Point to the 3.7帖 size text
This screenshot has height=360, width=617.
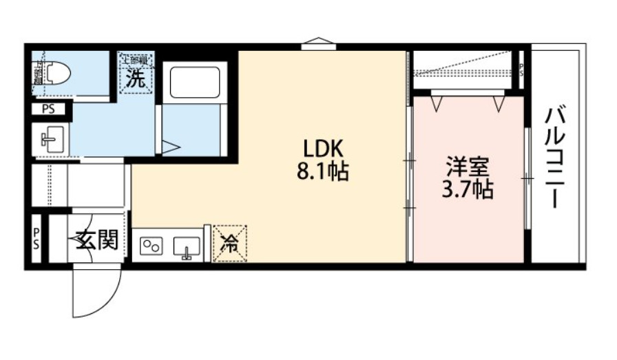[x=468, y=189]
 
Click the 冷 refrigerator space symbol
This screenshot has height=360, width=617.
[x=230, y=243]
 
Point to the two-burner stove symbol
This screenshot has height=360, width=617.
[x=152, y=246]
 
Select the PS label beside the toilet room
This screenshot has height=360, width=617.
[x=48, y=108]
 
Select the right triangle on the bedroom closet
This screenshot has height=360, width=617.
[x=499, y=103]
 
